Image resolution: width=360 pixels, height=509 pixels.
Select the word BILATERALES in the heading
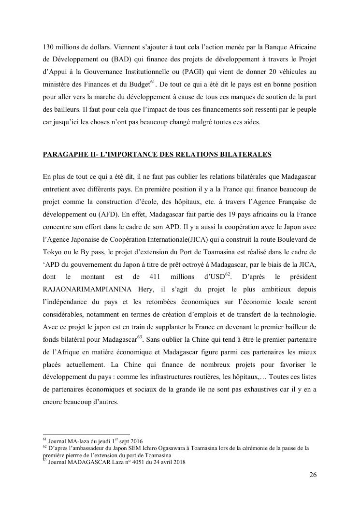[x=245, y=155]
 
